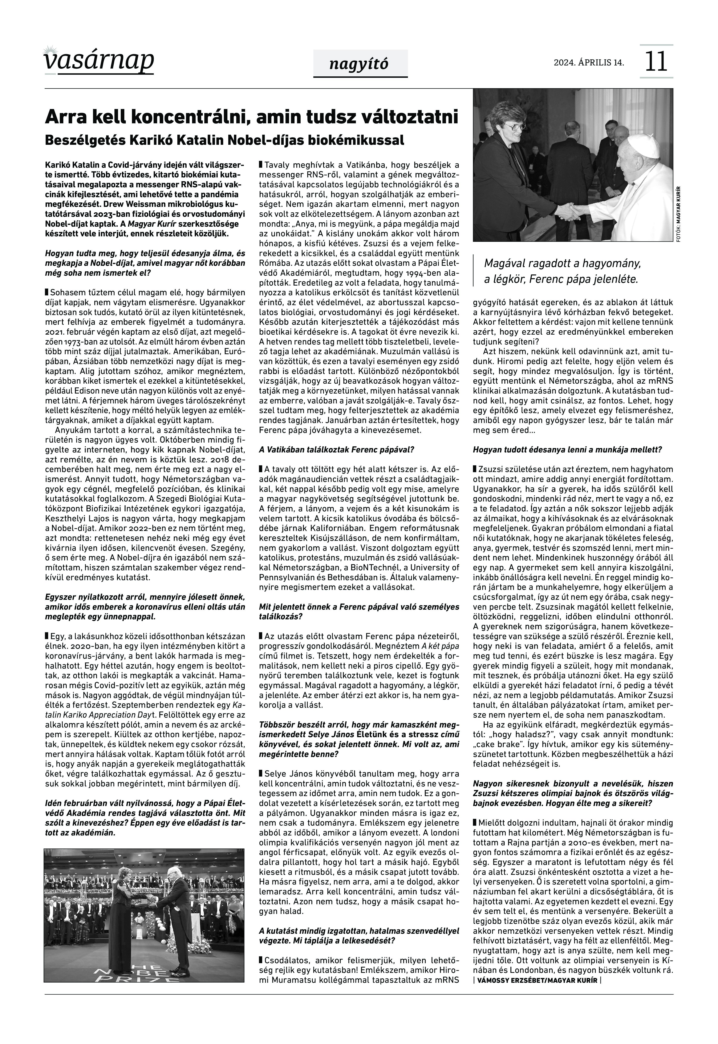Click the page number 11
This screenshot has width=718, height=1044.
click(x=656, y=62)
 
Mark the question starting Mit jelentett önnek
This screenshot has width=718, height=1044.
click(x=359, y=612)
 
